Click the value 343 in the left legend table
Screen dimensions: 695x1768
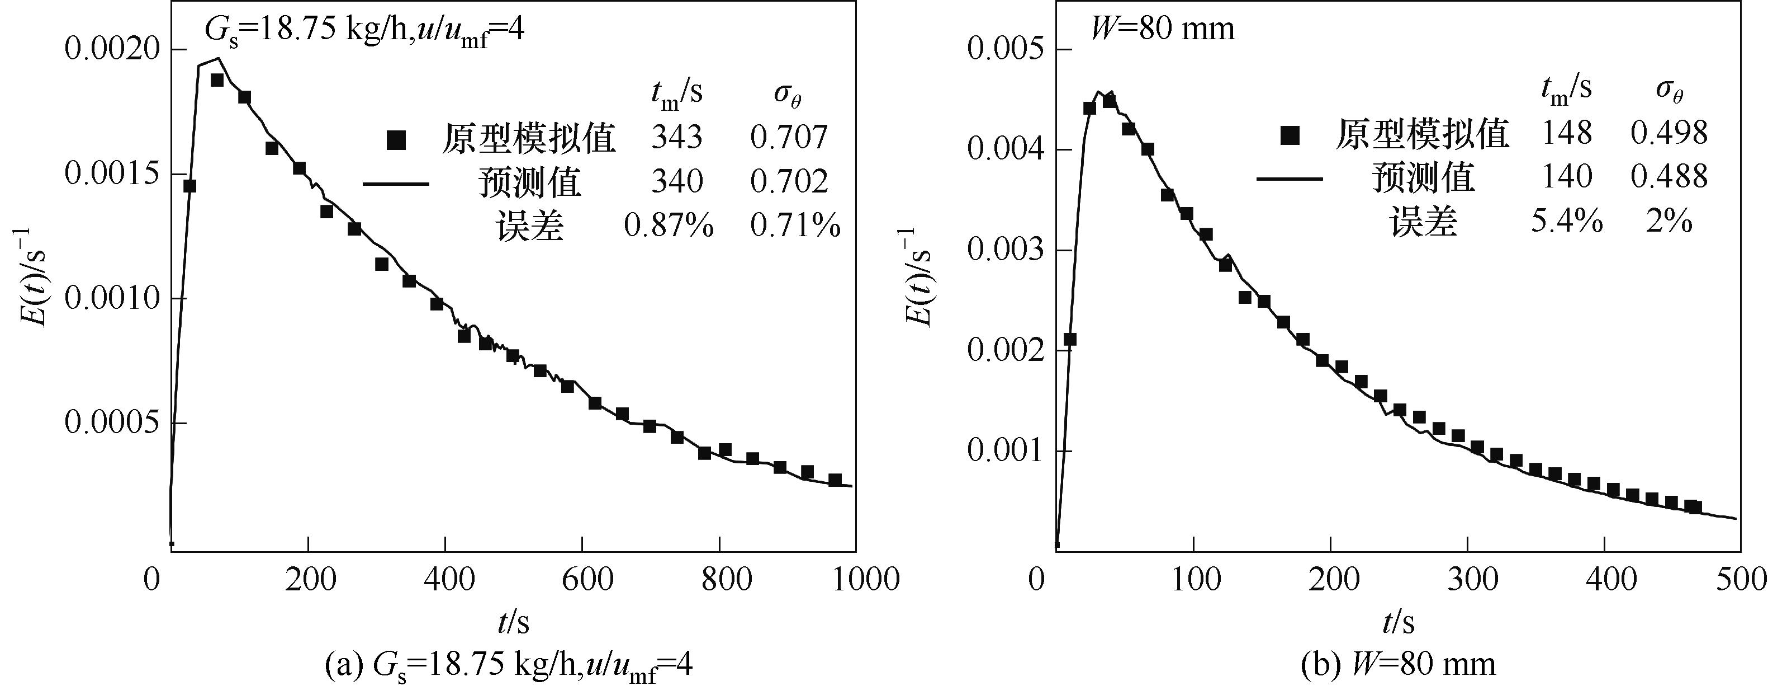[x=677, y=137]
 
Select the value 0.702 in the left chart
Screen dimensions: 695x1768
[x=789, y=181]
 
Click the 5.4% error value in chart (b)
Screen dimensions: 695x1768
[x=1567, y=222]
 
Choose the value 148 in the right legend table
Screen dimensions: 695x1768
[x=1567, y=133]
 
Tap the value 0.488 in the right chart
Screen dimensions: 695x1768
[x=1669, y=176]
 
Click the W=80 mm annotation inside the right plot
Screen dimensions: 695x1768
[x=1163, y=29]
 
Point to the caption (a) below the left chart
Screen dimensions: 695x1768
[x=508, y=665]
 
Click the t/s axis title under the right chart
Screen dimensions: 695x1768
[x=1398, y=622]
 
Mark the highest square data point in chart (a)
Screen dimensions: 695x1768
[x=217, y=81]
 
